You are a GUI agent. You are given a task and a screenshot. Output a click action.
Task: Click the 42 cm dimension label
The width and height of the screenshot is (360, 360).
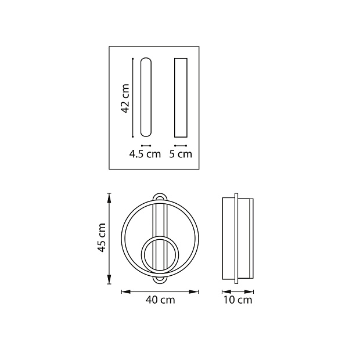pos(125,99)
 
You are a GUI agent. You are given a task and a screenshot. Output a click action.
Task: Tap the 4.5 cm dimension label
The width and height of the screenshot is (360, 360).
pos(145,154)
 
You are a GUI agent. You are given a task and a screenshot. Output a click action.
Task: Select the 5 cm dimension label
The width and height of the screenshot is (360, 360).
pos(181,154)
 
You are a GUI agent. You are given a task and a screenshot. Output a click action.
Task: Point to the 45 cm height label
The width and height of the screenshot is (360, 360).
pos(102,237)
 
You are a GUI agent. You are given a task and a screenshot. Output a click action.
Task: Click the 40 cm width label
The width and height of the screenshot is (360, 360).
pos(160,300)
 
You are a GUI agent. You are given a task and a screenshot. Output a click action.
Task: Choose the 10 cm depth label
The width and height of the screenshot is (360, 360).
pos(237,300)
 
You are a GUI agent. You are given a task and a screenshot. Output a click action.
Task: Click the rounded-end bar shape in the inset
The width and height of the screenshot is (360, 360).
pos(146,97)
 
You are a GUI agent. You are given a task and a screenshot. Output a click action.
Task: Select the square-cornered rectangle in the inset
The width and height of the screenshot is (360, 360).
pos(181,98)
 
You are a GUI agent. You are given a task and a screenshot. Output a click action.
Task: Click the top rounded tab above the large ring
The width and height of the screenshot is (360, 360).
pos(160,194)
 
